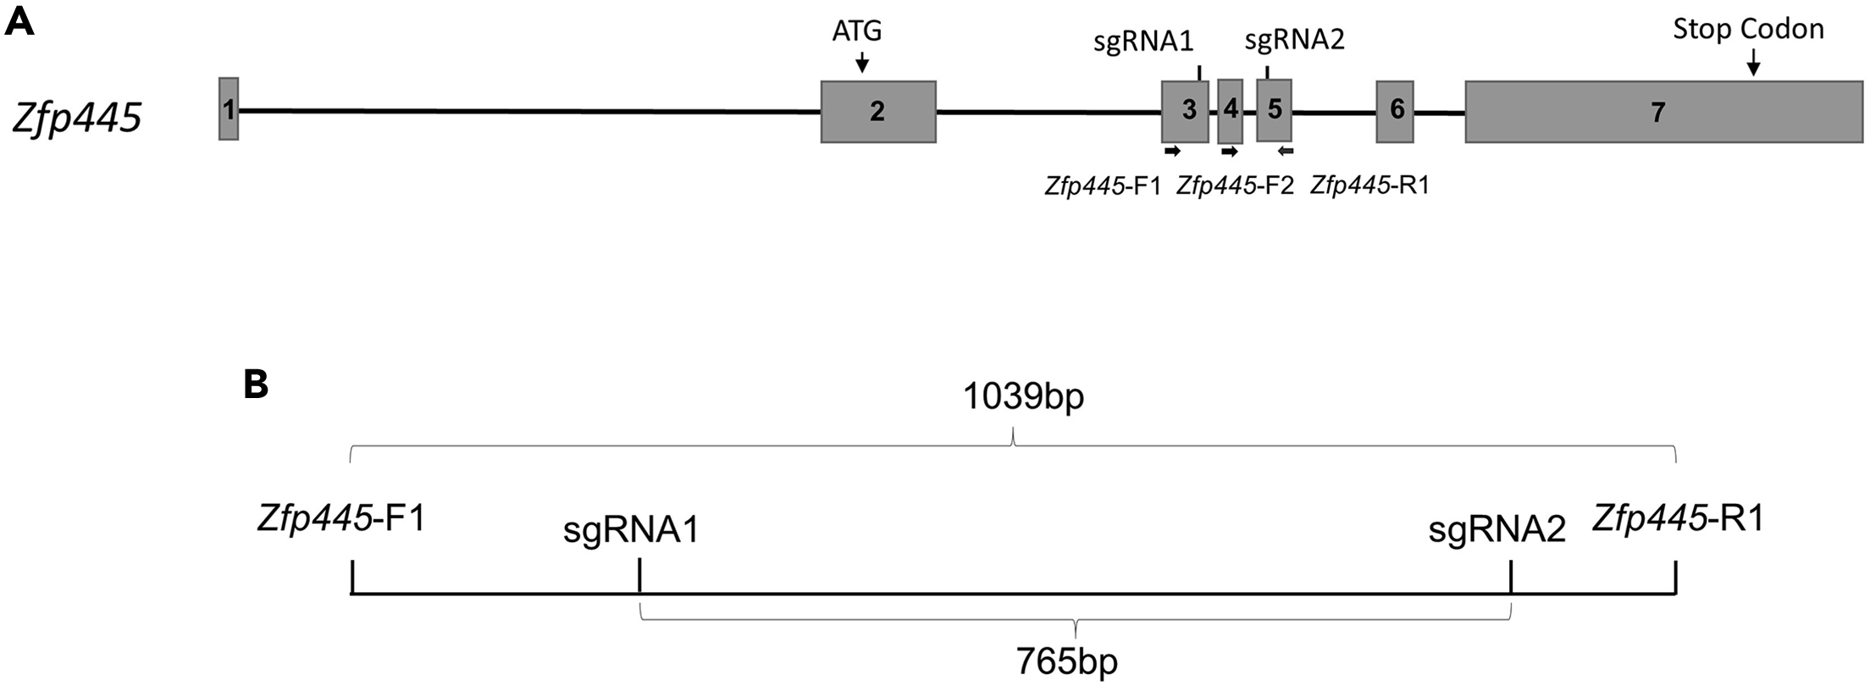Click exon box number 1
[x=229, y=108]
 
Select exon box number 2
[x=878, y=111]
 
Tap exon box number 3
[x=1185, y=111]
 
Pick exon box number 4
[x=1230, y=111]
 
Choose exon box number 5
[x=1274, y=111]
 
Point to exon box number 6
[x=1395, y=111]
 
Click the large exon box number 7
[x=1663, y=112]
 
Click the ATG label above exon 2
[x=857, y=31]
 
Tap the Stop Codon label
[x=1748, y=29]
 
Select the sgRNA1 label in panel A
[x=1143, y=41]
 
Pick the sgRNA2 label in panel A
[x=1295, y=39]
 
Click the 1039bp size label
[x=1023, y=396]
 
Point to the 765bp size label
[x=1067, y=661]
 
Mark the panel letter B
[x=256, y=386]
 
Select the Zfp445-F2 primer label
[x=1235, y=185]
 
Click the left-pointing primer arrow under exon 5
[x=1286, y=151]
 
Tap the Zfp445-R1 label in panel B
[x=1678, y=518]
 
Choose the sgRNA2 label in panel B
[x=1497, y=531]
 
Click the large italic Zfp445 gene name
[x=77, y=118]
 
